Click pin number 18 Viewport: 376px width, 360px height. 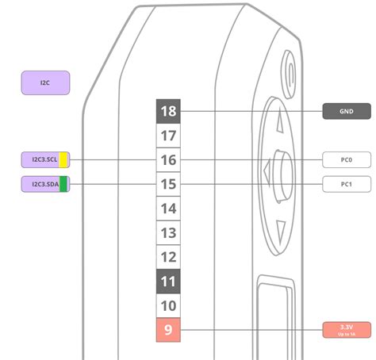coord(168,111)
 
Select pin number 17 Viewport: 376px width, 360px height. coord(168,136)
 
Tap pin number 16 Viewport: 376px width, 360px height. coord(168,160)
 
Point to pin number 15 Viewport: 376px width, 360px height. coord(168,184)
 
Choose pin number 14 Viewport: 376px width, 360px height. coord(168,209)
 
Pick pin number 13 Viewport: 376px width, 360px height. coord(168,233)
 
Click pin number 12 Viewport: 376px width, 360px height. coord(168,257)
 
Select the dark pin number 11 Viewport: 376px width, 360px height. coord(168,281)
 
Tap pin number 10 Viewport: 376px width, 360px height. coord(168,306)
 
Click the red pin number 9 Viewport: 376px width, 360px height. coord(168,330)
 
